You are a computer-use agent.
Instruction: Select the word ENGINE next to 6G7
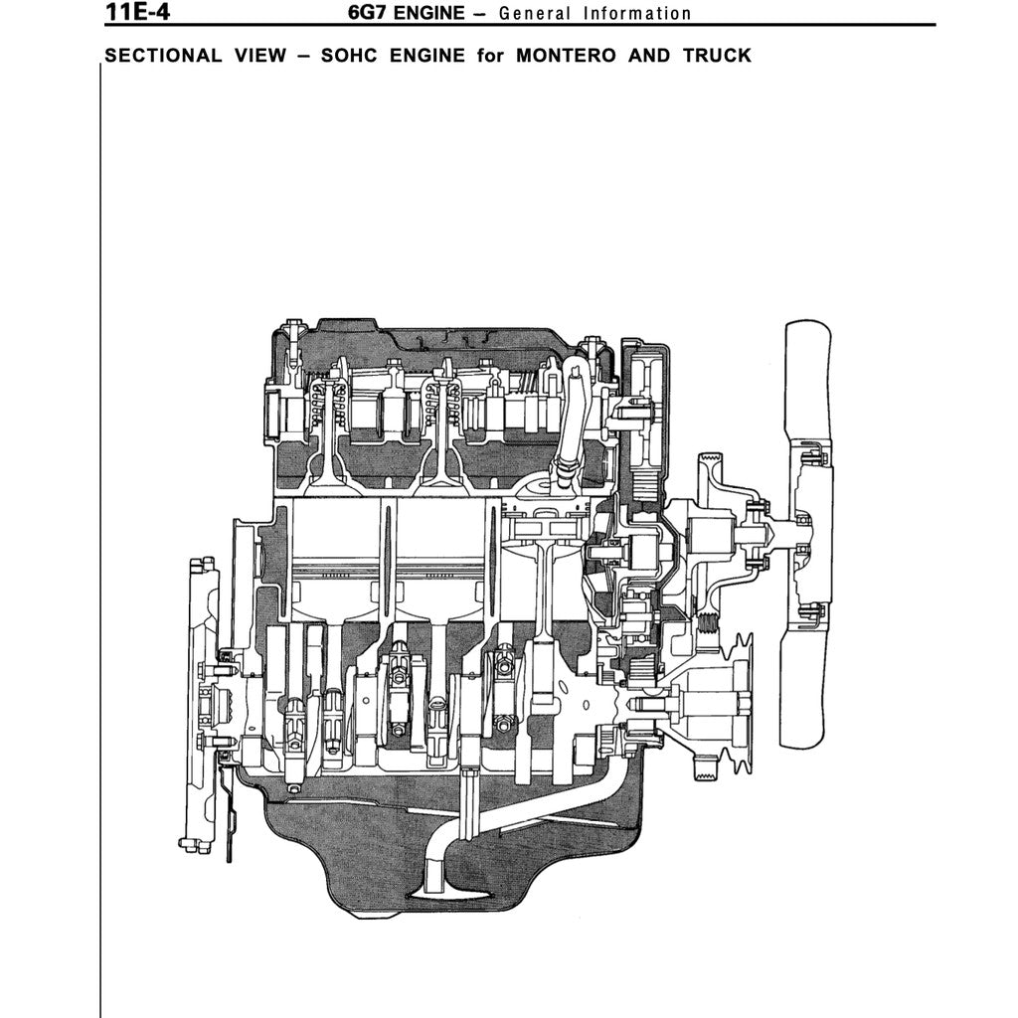428,13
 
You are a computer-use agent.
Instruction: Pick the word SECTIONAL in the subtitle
163,55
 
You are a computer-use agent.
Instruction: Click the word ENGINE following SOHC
426,55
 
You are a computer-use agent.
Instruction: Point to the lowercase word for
490,55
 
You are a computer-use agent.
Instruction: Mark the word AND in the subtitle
649,55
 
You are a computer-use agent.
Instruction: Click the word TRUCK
717,55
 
